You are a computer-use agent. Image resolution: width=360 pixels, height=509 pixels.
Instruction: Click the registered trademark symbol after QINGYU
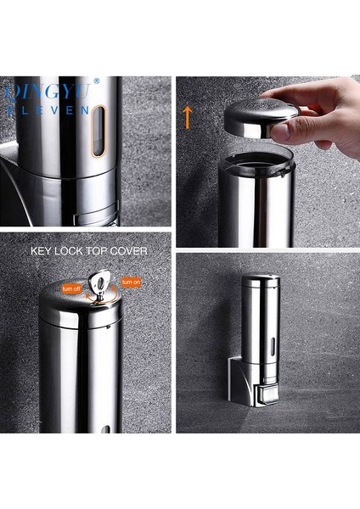click(x=96, y=82)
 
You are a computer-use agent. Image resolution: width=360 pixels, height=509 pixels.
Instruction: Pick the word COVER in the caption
click(x=129, y=251)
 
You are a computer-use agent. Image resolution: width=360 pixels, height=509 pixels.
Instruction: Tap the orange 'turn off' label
click(x=70, y=289)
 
